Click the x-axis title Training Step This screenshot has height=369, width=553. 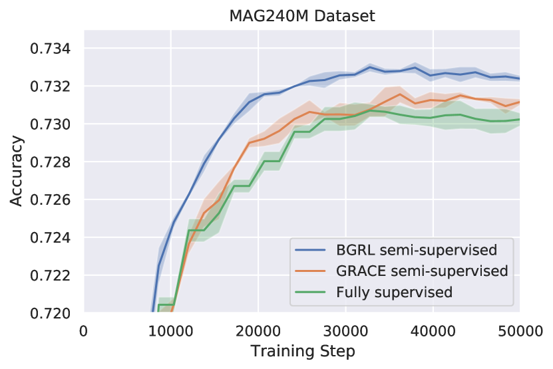pos(301,350)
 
